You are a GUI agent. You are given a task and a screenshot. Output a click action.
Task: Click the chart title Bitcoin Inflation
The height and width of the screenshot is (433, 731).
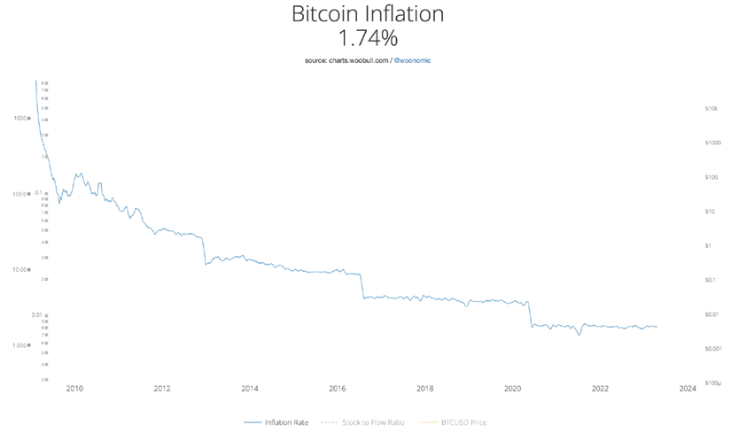click(x=367, y=15)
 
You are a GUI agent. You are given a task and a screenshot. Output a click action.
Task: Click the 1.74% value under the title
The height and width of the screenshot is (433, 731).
click(x=366, y=38)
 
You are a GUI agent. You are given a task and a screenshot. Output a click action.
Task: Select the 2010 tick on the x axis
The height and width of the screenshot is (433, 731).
click(x=74, y=388)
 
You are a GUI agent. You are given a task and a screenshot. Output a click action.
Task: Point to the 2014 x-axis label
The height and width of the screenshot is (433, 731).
click(x=249, y=388)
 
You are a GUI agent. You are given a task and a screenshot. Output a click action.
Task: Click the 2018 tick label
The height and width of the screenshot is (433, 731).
click(x=424, y=388)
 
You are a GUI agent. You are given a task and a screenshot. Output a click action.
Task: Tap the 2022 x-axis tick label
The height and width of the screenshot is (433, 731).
click(x=599, y=388)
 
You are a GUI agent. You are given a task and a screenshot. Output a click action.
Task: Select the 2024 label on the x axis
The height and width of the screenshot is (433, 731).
click(x=687, y=388)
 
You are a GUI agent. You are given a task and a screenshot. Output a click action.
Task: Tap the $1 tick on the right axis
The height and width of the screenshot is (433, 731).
click(x=707, y=245)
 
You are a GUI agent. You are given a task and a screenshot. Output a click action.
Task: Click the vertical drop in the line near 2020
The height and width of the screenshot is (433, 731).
click(x=529, y=314)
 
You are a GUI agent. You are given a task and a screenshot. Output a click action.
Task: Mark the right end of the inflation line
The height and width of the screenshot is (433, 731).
click(x=657, y=328)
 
